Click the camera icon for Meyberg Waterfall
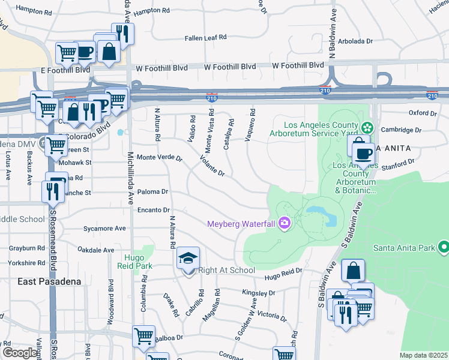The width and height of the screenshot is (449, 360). (x=284, y=224)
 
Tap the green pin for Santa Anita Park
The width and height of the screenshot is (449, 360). (x=444, y=247)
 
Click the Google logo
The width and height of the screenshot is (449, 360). (x=20, y=353)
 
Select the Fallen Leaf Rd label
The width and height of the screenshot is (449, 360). (x=205, y=37)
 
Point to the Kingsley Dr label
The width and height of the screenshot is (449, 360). (x=258, y=293)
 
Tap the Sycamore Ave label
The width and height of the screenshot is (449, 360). (x=104, y=228)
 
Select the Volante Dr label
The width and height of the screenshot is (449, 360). (x=212, y=167)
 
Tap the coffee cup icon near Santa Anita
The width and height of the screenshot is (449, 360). (x=364, y=154)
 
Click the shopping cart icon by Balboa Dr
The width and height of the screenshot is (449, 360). (x=143, y=336)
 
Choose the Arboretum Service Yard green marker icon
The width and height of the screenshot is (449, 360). (x=367, y=128)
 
